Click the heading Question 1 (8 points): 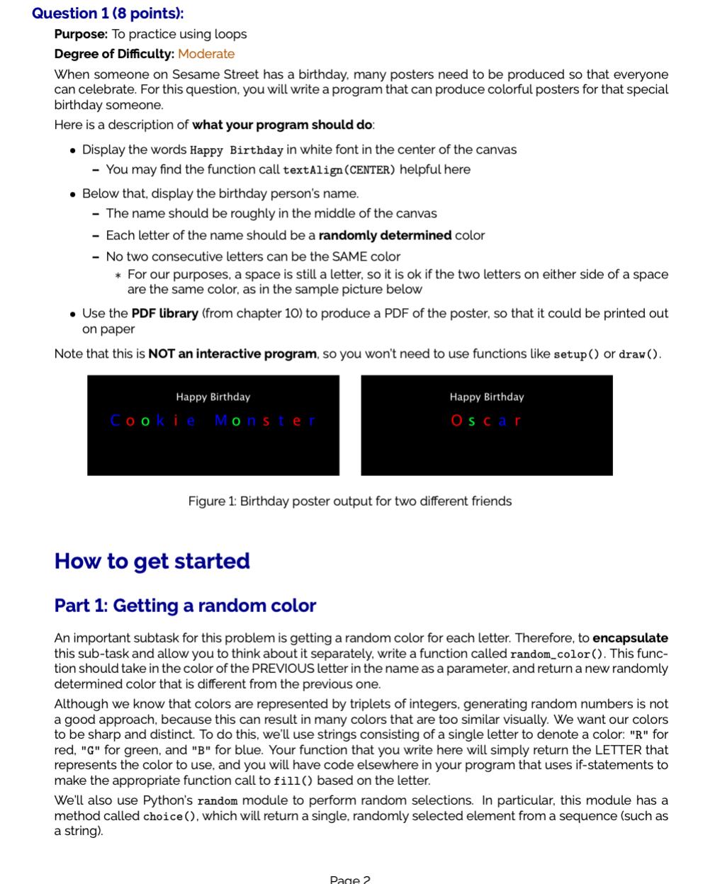[108, 13]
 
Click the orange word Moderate [206, 54]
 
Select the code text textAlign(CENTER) [339, 170]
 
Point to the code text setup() [576, 354]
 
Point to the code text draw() [639, 354]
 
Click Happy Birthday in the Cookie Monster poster [213, 397]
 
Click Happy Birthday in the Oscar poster [487, 397]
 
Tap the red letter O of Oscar [457, 421]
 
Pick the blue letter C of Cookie [116, 421]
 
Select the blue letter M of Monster [221, 421]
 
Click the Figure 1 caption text [349, 501]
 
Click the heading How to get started [152, 561]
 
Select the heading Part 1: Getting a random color [185, 606]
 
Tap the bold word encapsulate [630, 638]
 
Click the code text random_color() [557, 654]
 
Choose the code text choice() [170, 817]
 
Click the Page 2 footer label [350, 879]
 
